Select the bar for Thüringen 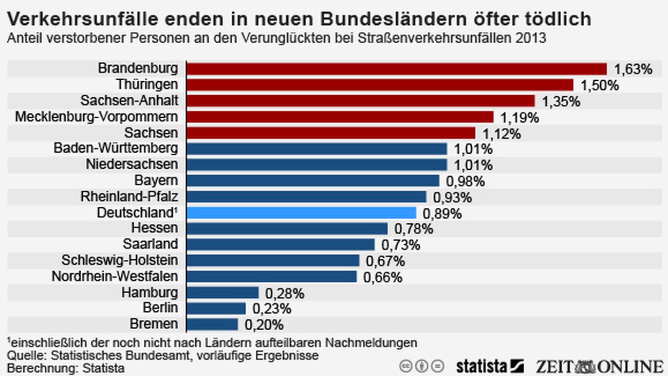380,85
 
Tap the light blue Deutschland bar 301,212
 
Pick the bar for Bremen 212,324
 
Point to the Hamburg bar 222,293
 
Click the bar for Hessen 287,228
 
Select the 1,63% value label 633,69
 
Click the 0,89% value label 442,213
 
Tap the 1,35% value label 561,101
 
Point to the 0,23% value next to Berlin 272,309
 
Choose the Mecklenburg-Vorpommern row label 97,117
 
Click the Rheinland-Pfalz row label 129,196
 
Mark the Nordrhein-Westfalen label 115,276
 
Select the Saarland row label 150,244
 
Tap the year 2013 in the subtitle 532,39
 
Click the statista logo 489,366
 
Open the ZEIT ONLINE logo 599,366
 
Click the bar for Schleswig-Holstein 273,260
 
